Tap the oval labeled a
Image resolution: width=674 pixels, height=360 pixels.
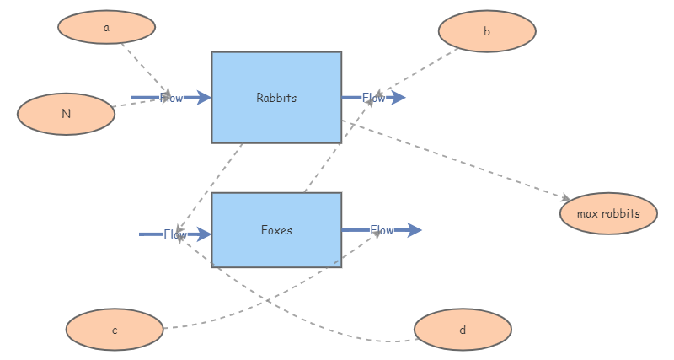tap(106, 27)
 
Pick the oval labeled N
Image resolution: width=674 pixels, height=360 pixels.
tap(66, 114)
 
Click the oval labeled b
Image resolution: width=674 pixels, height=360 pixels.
tap(487, 32)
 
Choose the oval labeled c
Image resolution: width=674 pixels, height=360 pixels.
tap(115, 330)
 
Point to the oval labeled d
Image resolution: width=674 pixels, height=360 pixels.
tap(463, 330)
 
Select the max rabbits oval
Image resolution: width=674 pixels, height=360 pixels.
tap(608, 213)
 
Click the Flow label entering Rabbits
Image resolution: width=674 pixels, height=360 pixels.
tap(171, 98)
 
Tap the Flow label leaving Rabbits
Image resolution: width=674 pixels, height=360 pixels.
tap(373, 98)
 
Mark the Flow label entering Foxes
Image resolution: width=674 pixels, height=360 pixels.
tap(175, 234)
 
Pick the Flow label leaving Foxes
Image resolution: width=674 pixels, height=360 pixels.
tap(382, 230)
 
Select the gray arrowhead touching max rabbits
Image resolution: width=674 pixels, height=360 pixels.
tap(565, 198)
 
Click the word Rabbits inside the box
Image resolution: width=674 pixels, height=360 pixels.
tap(276, 98)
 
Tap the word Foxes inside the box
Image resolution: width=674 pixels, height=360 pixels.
tap(276, 230)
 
